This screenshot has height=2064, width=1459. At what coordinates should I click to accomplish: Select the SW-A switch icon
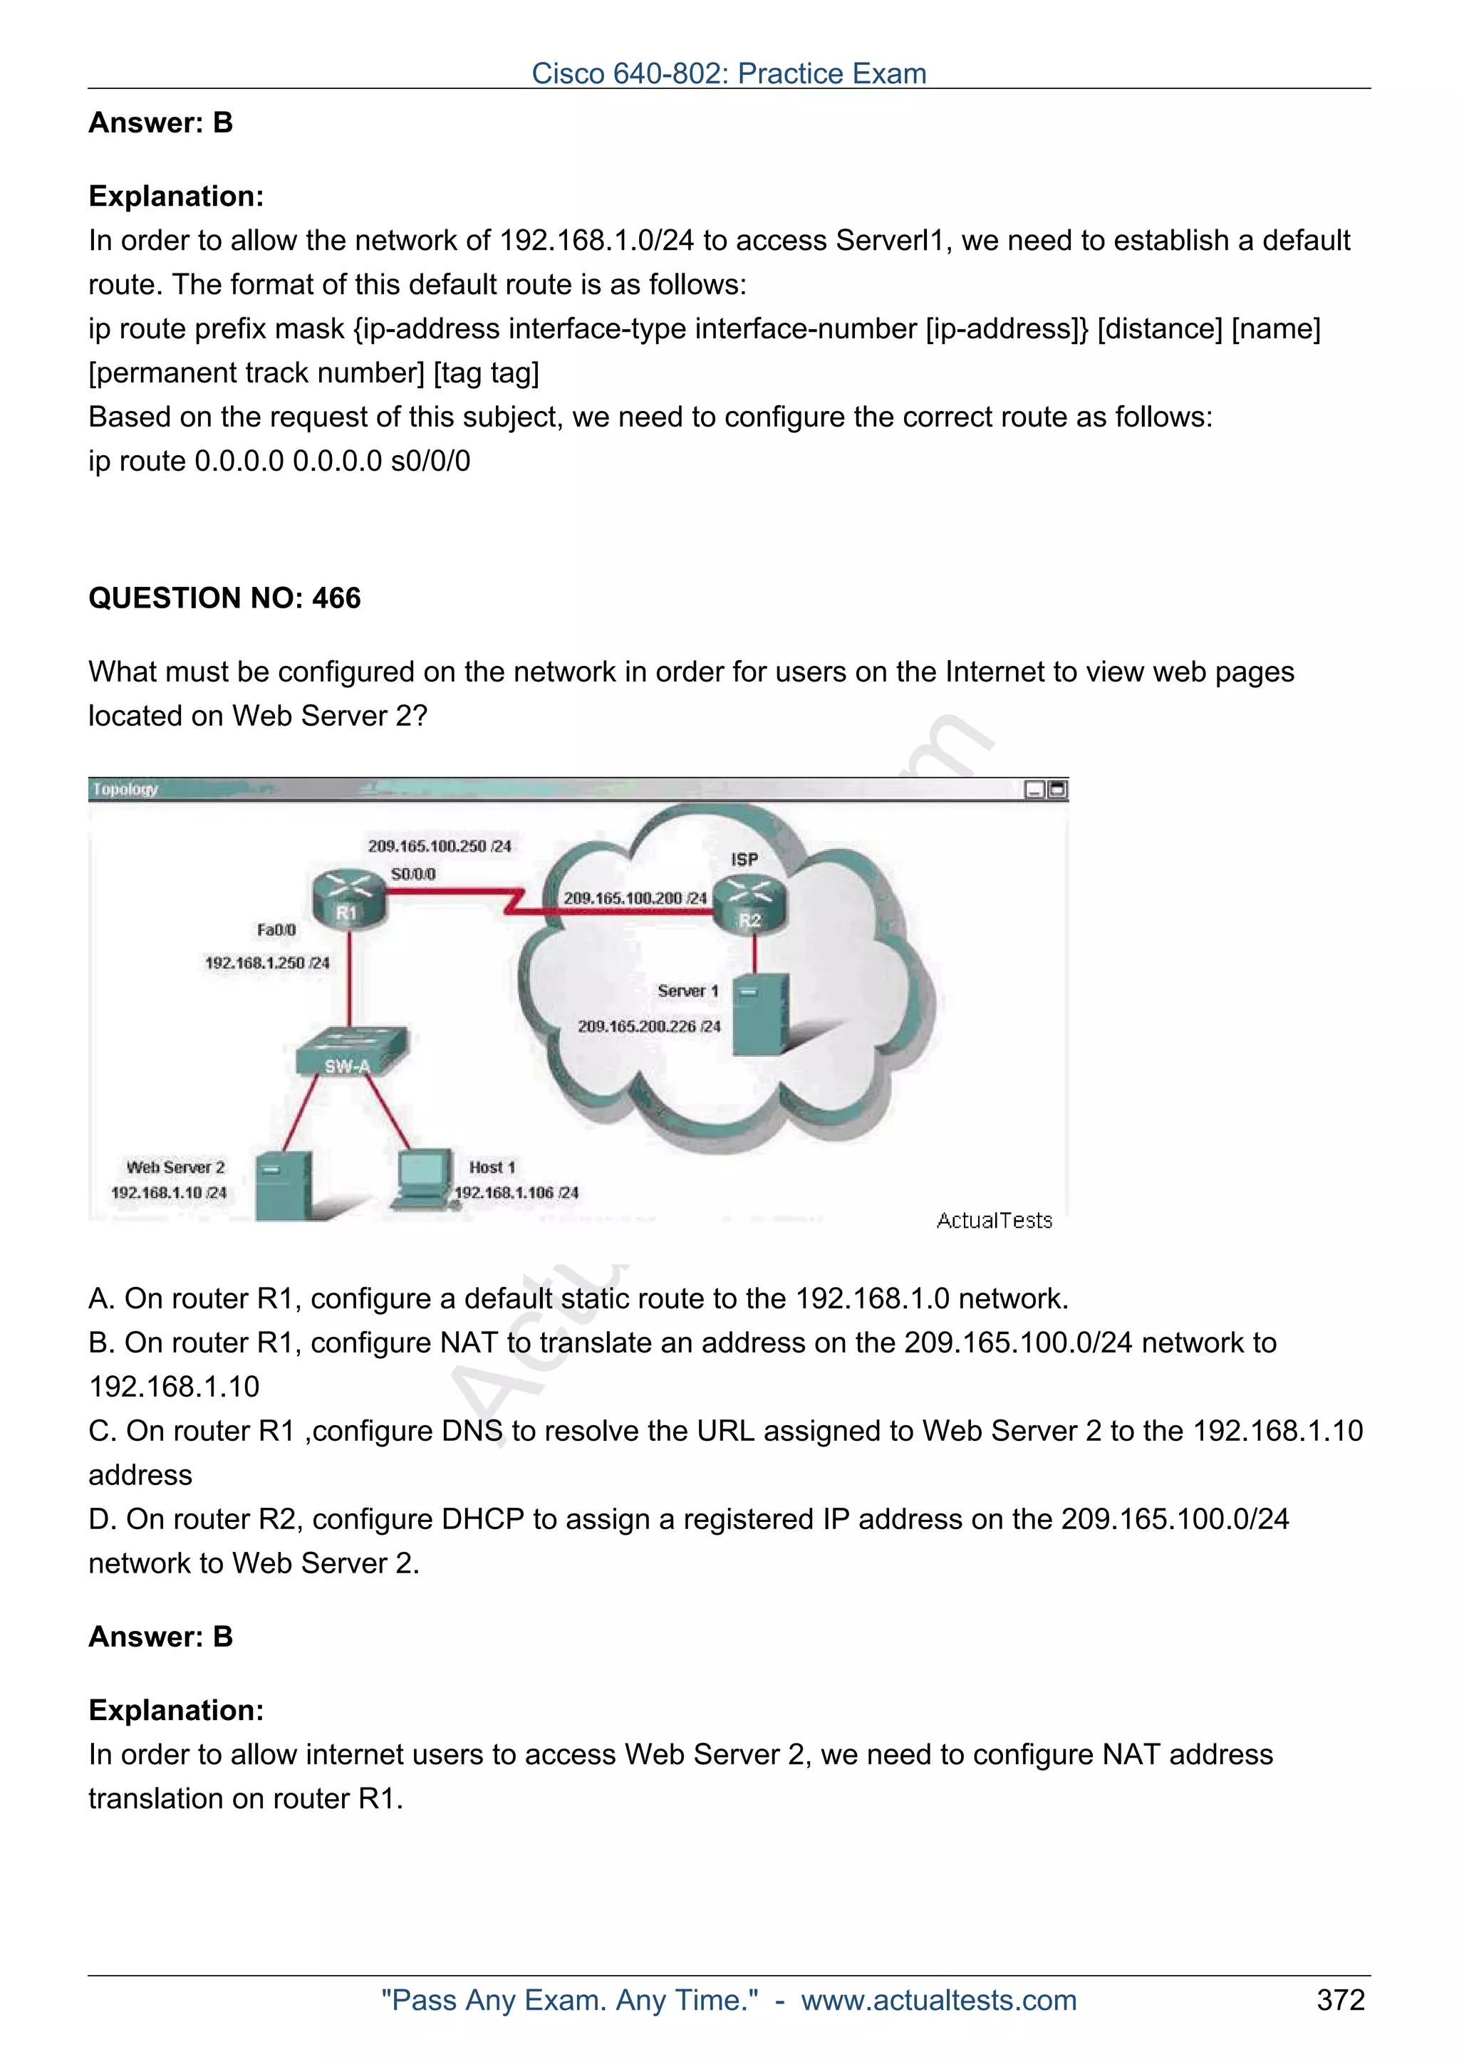pos(351,1052)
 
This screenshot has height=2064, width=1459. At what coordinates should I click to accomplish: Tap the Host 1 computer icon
pos(423,1176)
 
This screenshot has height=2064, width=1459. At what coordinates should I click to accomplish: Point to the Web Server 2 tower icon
pos(282,1185)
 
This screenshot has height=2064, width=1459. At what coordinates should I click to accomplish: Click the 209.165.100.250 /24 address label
pos(440,846)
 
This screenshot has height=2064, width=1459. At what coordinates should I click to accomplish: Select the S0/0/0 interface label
pos(413,874)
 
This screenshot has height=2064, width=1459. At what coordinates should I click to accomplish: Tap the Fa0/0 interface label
pos(276,929)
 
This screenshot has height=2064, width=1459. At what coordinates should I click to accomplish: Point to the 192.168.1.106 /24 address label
pos(516,1193)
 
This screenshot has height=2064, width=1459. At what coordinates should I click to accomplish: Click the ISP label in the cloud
pos(744,860)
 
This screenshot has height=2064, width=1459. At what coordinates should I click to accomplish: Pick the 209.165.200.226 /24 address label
pos(649,1026)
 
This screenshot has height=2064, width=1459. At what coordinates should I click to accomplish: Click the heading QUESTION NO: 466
pos(224,598)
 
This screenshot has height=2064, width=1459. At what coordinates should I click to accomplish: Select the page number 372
pos(1340,1999)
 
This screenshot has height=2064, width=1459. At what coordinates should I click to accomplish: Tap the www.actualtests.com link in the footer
pos(938,1999)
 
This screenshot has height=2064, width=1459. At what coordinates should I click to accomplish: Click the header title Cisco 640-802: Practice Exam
pos(729,73)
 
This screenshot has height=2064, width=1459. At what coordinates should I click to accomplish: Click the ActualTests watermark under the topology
pos(993,1221)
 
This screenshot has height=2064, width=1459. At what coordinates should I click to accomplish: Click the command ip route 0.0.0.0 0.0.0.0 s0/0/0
pos(279,462)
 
